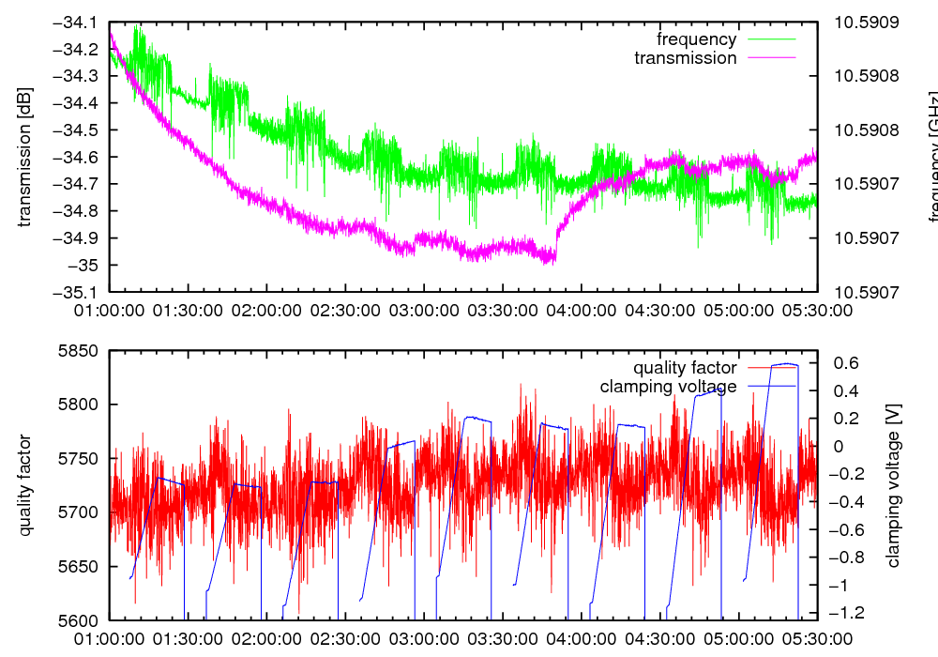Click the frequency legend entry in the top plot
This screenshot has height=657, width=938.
click(697, 39)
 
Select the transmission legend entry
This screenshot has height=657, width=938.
click(686, 58)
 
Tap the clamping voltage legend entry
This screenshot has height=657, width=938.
click(668, 387)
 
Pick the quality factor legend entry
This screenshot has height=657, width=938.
click(685, 368)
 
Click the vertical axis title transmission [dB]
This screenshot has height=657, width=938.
click(25, 157)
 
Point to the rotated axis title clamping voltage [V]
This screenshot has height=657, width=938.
click(893, 485)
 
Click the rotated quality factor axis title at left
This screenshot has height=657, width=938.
click(25, 485)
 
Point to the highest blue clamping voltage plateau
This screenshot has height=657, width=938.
click(783, 364)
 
